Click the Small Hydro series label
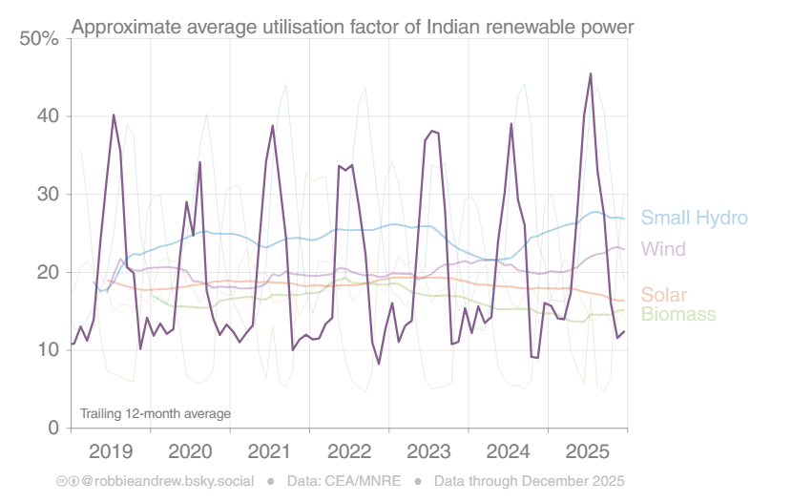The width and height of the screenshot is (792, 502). [694, 218]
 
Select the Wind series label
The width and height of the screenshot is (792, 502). [663, 249]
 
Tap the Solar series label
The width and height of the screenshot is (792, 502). [663, 295]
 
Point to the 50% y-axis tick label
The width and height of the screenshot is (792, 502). [39, 39]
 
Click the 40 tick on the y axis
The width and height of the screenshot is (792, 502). [47, 116]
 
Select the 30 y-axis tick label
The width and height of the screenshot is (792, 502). [47, 195]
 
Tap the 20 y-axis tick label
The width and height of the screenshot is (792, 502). [47, 273]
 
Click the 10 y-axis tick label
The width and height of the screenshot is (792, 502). [47, 350]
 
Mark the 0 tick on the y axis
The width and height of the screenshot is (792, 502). [53, 428]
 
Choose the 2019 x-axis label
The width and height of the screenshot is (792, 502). [112, 450]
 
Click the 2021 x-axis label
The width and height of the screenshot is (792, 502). [270, 450]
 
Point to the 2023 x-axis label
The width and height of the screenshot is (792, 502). [428, 450]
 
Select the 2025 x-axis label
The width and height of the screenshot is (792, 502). [587, 450]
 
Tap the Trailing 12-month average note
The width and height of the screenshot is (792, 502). [156, 413]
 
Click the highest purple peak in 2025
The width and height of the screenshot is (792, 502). [591, 73]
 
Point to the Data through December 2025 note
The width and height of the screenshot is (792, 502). [529, 481]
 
